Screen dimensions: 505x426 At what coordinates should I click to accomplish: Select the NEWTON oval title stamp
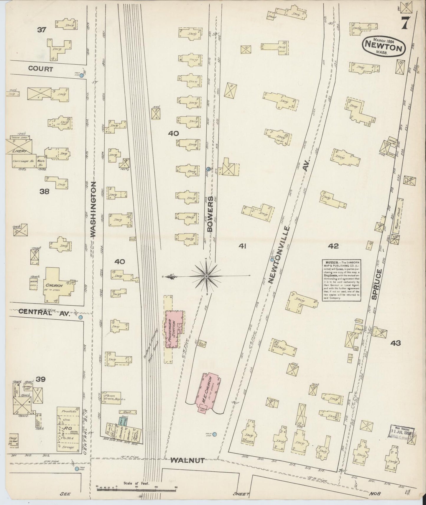(x=384, y=46)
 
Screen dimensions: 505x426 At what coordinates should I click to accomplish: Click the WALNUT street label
(x=187, y=461)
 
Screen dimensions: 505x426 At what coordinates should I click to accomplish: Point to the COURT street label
(x=41, y=69)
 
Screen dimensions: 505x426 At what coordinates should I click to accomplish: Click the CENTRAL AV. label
(x=44, y=313)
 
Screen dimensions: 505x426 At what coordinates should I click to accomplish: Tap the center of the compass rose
(x=206, y=276)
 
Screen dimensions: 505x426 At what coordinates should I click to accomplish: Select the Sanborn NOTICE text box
(x=342, y=280)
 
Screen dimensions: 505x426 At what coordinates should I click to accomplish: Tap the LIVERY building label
(x=19, y=151)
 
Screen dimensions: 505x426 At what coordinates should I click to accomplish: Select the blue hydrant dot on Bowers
(x=208, y=169)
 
